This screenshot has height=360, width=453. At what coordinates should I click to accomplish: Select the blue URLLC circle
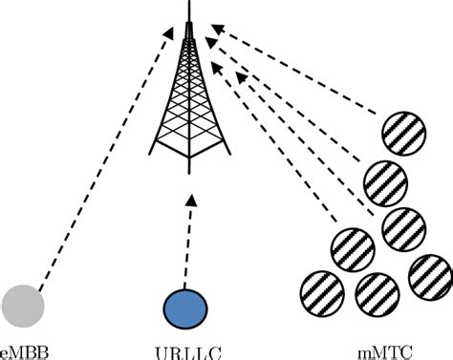185,307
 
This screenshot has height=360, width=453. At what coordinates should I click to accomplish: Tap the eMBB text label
22,350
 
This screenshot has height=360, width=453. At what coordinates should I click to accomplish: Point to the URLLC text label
184,350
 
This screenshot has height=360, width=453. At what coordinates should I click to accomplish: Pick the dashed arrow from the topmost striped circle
296,76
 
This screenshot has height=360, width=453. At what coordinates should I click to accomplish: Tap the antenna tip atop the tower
187,6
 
